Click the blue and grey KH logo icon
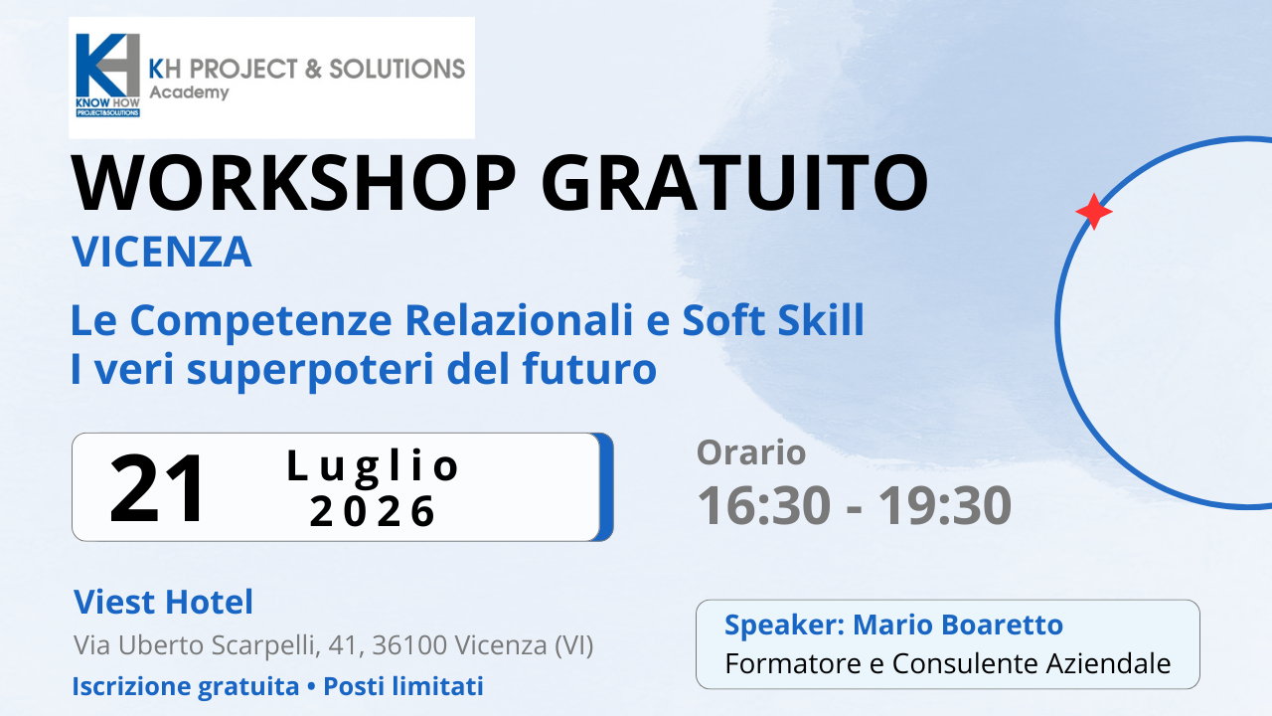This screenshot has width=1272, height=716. click(x=108, y=75)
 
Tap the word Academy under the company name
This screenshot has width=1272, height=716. click(x=189, y=92)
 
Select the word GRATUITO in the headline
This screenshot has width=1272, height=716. click(x=734, y=183)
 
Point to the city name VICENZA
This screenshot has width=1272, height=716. click(x=162, y=252)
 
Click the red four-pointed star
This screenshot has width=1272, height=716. click(x=1094, y=212)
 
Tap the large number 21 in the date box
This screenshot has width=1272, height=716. click(x=156, y=488)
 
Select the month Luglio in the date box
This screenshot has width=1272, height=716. click(x=373, y=467)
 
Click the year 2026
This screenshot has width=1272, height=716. click(x=373, y=511)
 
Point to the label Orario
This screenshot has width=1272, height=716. click(x=751, y=452)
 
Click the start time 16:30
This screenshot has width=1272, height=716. click(x=764, y=505)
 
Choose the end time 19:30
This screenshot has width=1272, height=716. click(x=945, y=505)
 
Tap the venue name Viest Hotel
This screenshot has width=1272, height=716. click(x=164, y=602)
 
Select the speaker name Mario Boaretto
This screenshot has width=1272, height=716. click(x=958, y=625)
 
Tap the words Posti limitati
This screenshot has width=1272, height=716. click(x=403, y=686)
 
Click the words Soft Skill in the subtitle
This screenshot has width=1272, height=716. click(x=773, y=320)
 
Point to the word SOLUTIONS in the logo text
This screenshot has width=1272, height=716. click(x=397, y=69)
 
